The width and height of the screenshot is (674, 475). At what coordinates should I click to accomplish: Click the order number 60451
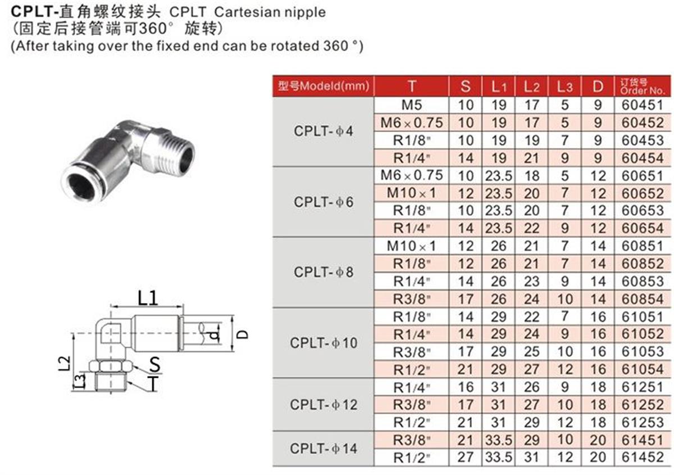[x=642, y=105]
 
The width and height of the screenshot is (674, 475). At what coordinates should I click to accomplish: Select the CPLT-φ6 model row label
[x=324, y=202]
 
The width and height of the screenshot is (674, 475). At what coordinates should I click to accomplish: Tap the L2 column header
[x=531, y=87]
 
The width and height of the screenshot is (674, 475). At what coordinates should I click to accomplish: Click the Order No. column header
[x=642, y=87]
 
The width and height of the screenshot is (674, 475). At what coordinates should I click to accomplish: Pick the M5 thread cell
[x=412, y=105]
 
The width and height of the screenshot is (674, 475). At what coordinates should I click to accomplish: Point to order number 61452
[x=642, y=457]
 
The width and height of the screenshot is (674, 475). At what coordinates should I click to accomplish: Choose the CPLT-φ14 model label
[x=324, y=449]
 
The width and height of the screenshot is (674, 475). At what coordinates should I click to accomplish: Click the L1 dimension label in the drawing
[x=147, y=298]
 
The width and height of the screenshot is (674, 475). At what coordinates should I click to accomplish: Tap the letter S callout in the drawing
[x=154, y=364]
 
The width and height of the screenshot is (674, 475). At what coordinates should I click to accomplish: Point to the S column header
[x=465, y=87]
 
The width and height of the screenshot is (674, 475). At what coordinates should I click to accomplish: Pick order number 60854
[x=642, y=299]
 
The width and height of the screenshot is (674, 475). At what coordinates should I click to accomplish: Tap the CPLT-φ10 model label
[x=324, y=343]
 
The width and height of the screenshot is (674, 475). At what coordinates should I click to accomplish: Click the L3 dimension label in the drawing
[x=80, y=381]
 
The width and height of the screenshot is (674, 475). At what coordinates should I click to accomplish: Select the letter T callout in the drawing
[x=154, y=384]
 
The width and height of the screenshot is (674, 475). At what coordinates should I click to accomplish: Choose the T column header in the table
[x=412, y=87]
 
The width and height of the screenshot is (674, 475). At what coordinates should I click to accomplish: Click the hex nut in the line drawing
[x=111, y=367]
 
